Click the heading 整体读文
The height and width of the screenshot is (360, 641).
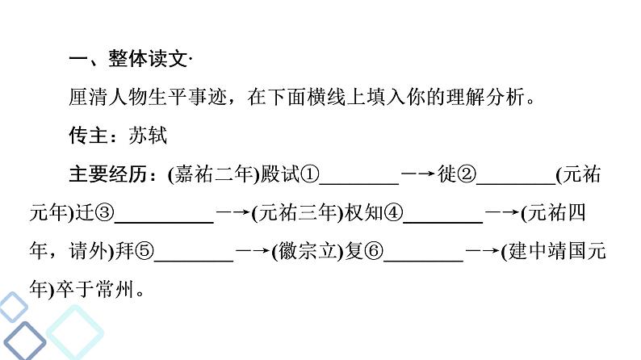148,58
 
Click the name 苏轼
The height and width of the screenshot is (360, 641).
148,136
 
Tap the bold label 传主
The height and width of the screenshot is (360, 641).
88,136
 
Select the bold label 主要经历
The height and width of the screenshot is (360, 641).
108,174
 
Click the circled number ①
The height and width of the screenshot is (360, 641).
309,174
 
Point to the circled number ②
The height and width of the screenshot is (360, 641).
467,174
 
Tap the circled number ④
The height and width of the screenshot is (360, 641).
393,212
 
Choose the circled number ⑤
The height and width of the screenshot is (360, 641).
145,251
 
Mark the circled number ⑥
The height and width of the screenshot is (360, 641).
374,251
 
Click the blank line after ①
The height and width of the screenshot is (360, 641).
359,184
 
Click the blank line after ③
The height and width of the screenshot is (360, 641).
164,222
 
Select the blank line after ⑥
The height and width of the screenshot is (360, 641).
423,261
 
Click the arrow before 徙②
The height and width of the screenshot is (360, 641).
418,174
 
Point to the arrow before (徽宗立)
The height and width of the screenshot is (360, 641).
253,250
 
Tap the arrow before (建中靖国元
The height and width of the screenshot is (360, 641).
483,250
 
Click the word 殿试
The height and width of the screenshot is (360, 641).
280,174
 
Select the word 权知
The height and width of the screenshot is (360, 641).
364,212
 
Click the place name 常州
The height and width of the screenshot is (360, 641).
115,289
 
